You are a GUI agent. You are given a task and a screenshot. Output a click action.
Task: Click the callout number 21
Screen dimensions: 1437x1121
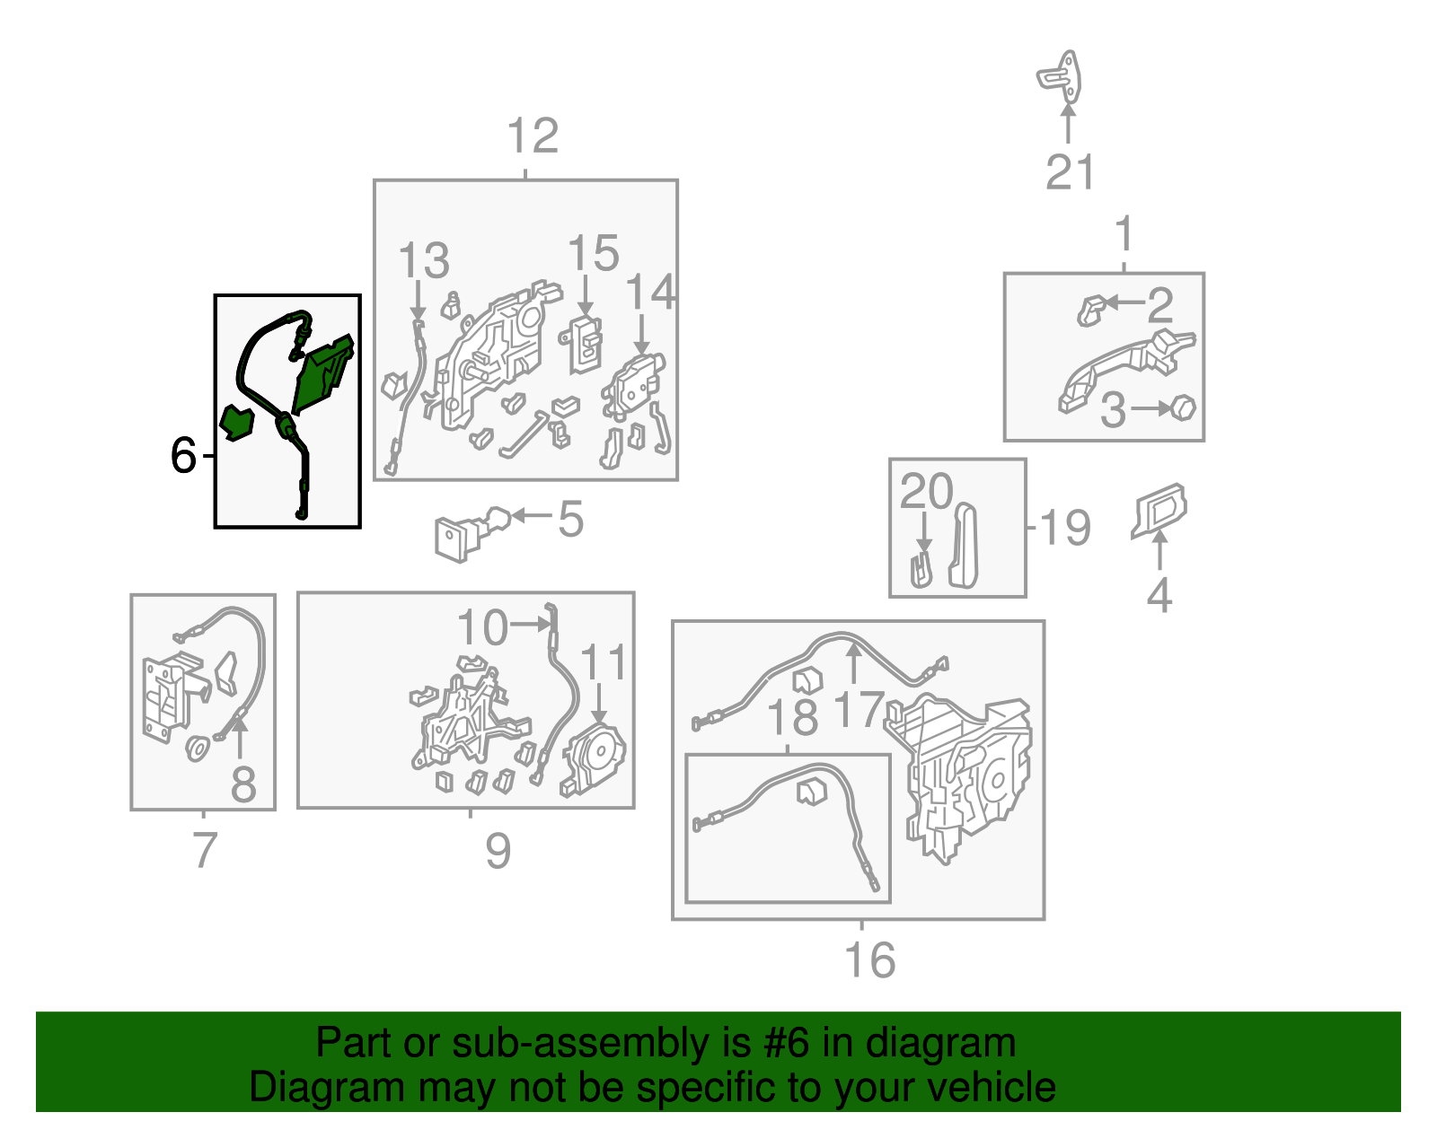(x=1070, y=172)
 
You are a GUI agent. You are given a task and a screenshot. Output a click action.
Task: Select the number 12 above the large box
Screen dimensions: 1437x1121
(x=533, y=136)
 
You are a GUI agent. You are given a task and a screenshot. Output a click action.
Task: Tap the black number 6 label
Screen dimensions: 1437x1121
(x=183, y=455)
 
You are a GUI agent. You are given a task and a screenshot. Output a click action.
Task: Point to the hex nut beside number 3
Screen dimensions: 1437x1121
(x=1183, y=407)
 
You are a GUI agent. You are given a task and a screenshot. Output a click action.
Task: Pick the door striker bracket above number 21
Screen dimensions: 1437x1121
(x=1060, y=78)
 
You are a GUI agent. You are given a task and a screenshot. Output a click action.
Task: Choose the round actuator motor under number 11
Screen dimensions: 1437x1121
(x=593, y=758)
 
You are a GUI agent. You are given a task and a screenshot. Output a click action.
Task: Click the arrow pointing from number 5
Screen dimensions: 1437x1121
(x=531, y=515)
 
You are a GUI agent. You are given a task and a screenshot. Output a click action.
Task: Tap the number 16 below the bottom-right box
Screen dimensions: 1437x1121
(x=869, y=959)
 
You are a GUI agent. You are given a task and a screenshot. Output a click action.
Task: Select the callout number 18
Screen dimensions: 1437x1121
(x=791, y=719)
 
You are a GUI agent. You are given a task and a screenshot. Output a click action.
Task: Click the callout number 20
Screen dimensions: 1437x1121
(x=926, y=491)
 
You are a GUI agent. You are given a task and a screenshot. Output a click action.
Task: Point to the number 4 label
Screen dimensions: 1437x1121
(x=1159, y=594)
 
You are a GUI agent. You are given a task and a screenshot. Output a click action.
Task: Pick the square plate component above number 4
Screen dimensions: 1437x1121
(x=1159, y=511)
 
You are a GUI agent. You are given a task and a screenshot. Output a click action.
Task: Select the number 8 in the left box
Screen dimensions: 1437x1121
(x=242, y=784)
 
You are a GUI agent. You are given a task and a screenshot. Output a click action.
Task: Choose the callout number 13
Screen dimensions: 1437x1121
(x=424, y=259)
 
